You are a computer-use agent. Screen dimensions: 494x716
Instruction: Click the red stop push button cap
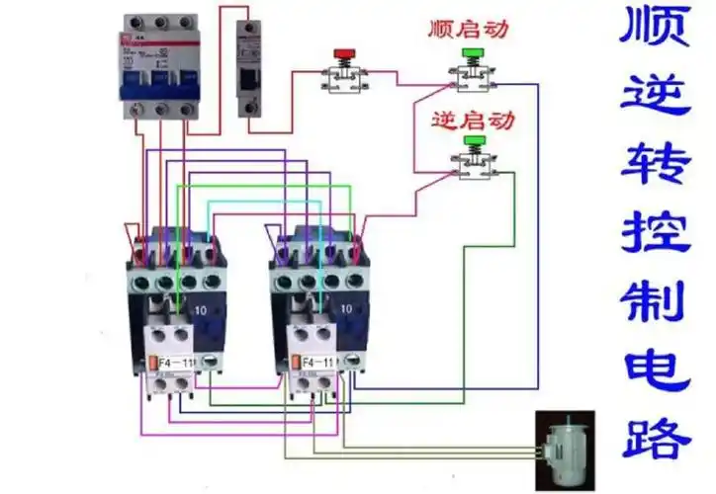pos(345,53)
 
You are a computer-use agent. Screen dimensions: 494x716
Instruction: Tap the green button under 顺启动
pos(472,53)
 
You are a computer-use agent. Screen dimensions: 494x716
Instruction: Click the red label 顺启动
pos(469,29)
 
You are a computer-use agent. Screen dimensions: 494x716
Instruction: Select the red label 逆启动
pos(473,122)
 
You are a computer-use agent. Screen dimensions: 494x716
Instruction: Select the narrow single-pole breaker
pos(248,69)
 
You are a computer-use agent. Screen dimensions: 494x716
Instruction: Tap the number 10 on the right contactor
pos(345,309)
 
